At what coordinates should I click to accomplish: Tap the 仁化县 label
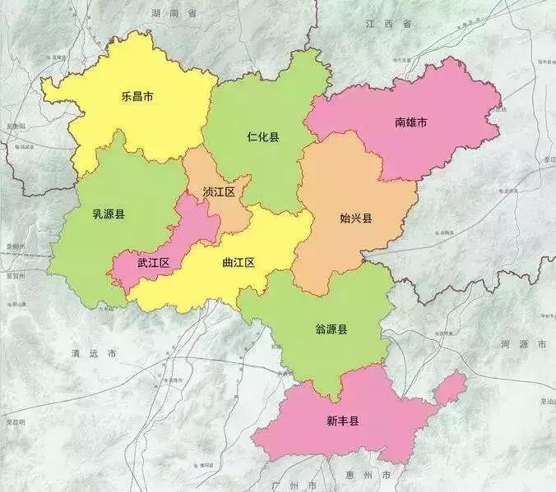tap(262, 136)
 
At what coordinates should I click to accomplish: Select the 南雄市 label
tap(410, 122)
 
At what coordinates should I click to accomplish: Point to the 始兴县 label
tap(356, 218)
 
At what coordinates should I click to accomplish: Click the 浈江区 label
tap(219, 192)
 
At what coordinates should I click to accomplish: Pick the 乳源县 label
tap(109, 215)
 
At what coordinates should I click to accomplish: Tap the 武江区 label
tap(153, 263)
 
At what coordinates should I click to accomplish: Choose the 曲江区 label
tap(239, 263)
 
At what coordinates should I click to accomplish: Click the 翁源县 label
tap(331, 329)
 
